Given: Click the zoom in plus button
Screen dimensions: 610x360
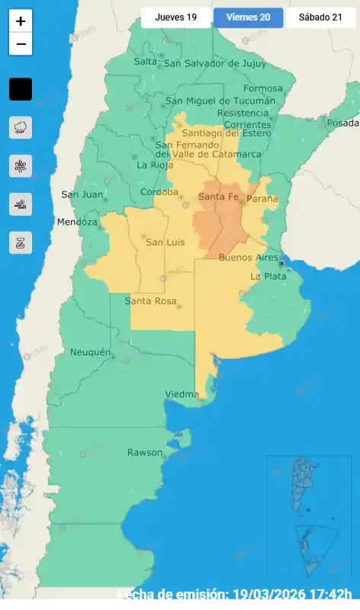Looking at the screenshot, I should pyautogui.click(x=21, y=22).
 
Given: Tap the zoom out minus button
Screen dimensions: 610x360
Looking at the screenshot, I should pyautogui.click(x=21, y=44).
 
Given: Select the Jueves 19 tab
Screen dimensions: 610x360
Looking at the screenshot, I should pyautogui.click(x=175, y=18).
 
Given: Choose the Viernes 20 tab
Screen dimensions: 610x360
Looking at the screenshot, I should pyautogui.click(x=248, y=18).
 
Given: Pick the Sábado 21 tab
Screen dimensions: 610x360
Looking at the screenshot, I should pyautogui.click(x=320, y=18).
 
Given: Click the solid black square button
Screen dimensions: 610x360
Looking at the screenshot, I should pyautogui.click(x=21, y=89).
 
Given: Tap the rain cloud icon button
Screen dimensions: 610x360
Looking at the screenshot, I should pyautogui.click(x=21, y=127).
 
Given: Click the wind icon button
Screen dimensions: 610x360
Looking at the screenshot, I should pyautogui.click(x=21, y=204).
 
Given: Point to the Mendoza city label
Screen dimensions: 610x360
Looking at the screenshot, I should pyautogui.click(x=77, y=222).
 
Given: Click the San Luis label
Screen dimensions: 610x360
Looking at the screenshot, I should pyautogui.click(x=165, y=242).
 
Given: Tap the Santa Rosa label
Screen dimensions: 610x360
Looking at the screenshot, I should pyautogui.click(x=150, y=300).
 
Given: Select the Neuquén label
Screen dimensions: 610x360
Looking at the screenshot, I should pyautogui.click(x=90, y=352).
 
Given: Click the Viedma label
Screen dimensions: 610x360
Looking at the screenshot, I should pyautogui.click(x=182, y=394).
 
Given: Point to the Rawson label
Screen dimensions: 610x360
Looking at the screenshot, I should pyautogui.click(x=145, y=452).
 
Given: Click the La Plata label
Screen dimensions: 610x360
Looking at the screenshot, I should pyautogui.click(x=267, y=276).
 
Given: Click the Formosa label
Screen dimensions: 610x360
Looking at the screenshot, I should pyautogui.click(x=262, y=88).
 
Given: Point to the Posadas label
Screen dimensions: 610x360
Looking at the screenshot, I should pyautogui.click(x=342, y=124).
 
